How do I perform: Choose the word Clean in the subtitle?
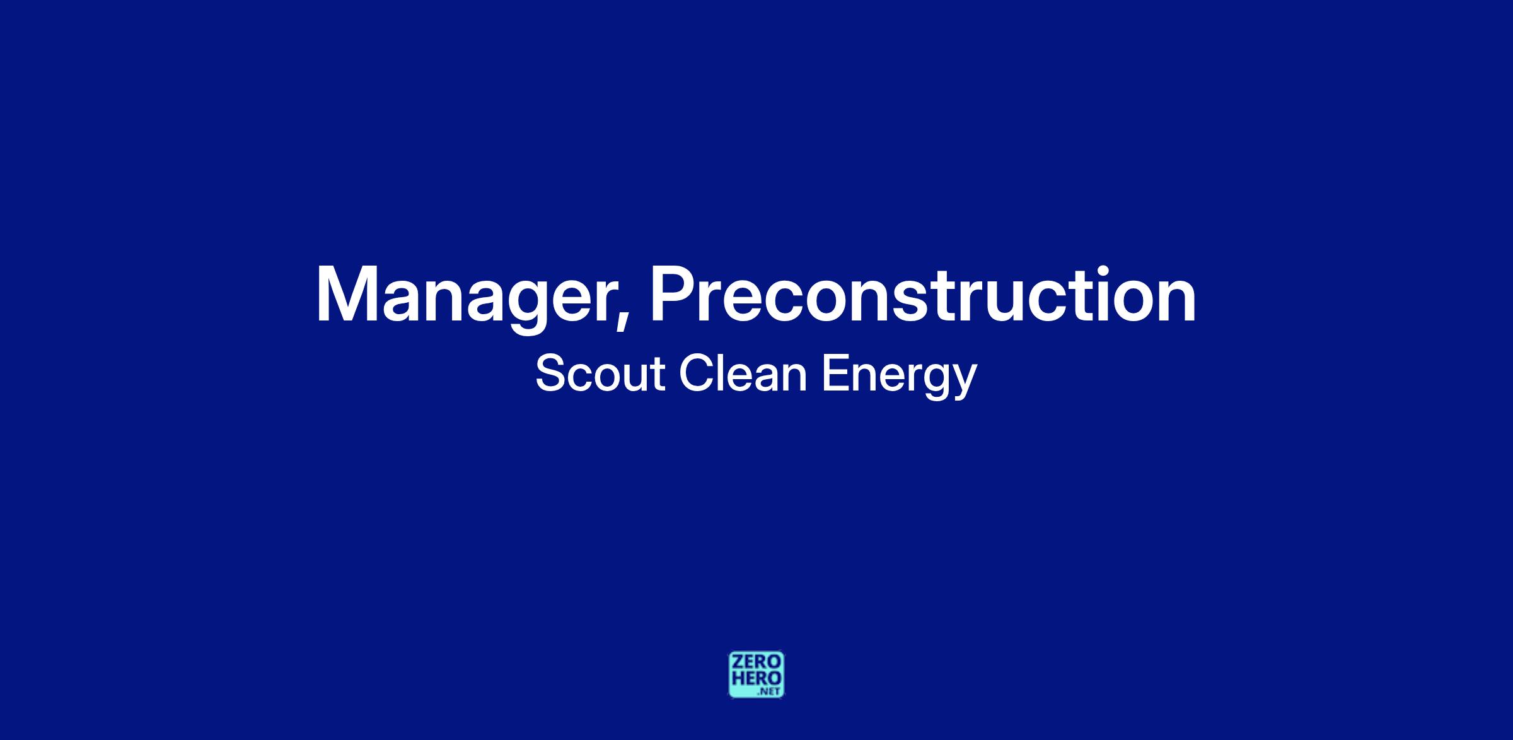743,373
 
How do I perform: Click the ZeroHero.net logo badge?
756,674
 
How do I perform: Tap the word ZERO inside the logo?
756,662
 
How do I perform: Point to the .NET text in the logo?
770,691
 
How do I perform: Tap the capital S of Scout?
550,373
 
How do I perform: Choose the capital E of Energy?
836,373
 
